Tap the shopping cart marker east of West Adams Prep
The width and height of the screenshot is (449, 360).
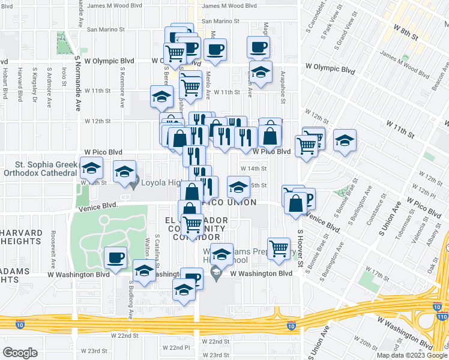[279, 248]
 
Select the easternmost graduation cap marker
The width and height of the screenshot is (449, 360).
[345, 141]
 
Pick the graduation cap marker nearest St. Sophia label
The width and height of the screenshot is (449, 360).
[91, 169]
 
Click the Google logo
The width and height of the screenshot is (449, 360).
[20, 353]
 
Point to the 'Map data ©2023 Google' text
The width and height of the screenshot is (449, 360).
[411, 355]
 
